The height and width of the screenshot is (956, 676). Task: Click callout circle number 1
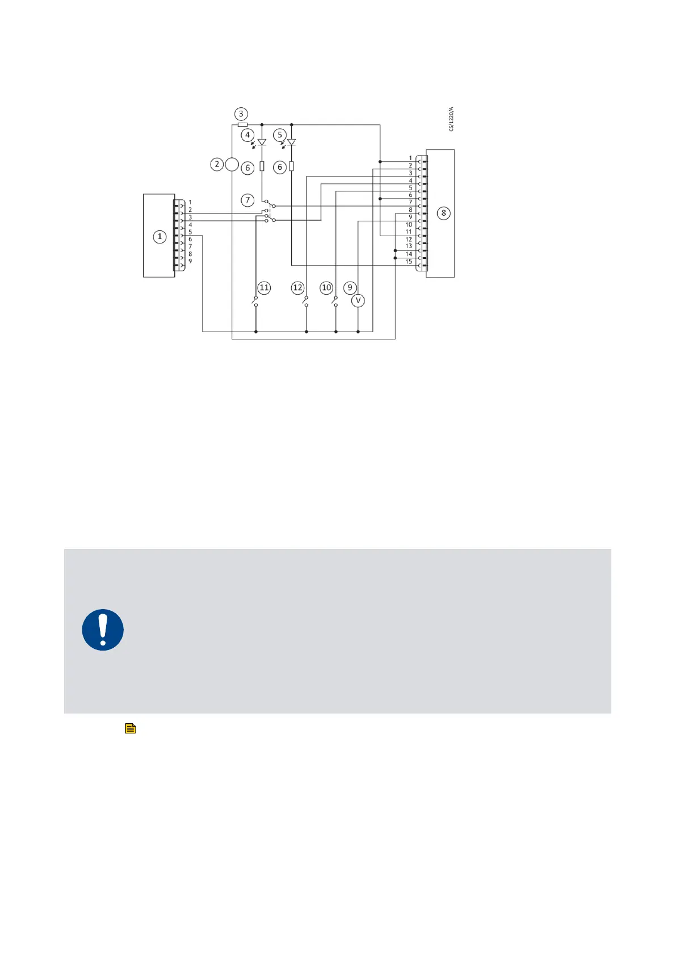[x=160, y=236]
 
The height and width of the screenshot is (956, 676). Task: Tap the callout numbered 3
[x=241, y=114]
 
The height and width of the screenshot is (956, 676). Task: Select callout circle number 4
[x=247, y=135]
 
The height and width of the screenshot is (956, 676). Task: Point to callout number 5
[x=280, y=135]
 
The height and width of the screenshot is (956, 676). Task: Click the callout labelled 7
[x=247, y=200]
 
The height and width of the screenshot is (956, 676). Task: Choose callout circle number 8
[x=444, y=213]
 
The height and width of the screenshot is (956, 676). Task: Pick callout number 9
[x=350, y=288]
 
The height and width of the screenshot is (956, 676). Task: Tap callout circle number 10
[x=326, y=288]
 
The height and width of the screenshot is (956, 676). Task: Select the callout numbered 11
[x=264, y=288]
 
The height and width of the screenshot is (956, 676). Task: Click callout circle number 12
[x=297, y=288]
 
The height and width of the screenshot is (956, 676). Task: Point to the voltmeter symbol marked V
[x=358, y=300]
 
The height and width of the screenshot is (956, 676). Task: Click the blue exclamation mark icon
[x=103, y=630]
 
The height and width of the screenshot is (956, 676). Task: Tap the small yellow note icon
[x=130, y=728]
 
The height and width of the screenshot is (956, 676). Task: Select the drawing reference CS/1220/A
[x=451, y=119]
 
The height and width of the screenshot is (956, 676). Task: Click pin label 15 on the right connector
[x=409, y=262]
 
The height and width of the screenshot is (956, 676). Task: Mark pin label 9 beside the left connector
[x=190, y=261]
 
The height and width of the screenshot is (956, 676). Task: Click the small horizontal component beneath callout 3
[x=242, y=124]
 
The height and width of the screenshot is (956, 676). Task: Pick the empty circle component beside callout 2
[x=232, y=165]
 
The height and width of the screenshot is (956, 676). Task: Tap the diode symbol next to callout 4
[x=262, y=142]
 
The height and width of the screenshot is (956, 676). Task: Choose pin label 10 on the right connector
[x=409, y=225]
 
